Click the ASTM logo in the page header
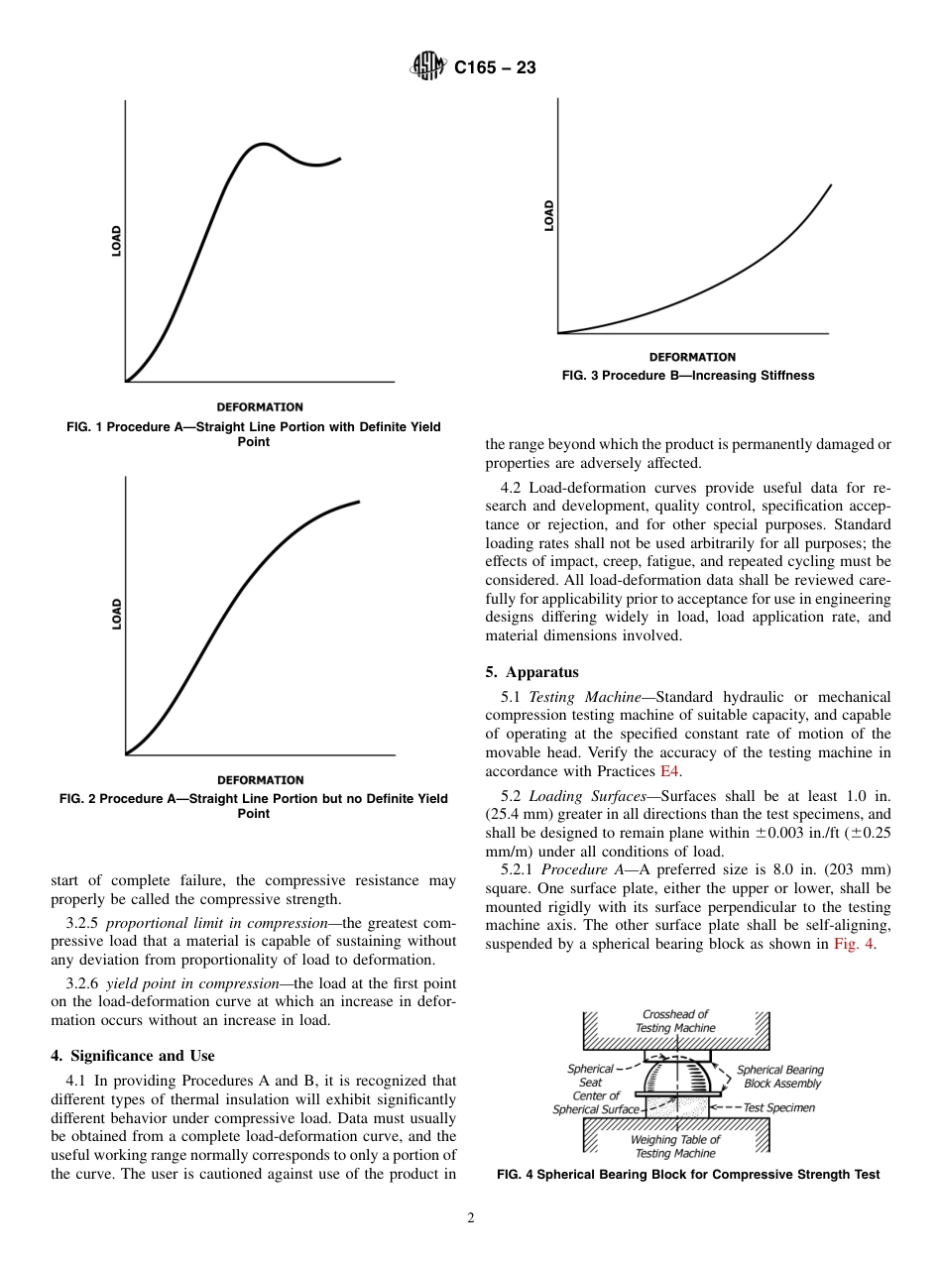(x=427, y=68)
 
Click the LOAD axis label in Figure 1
(x=116, y=242)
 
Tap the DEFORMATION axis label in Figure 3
(x=692, y=357)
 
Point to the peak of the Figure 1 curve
(x=262, y=145)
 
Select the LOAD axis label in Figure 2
(x=116, y=614)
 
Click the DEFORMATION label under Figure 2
(x=260, y=780)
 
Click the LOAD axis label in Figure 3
(x=549, y=215)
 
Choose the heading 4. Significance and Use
(x=133, y=1055)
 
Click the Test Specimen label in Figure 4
(x=778, y=1107)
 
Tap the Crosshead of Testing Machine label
(x=674, y=1021)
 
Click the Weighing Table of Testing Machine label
(x=674, y=1146)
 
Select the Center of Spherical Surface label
(x=595, y=1102)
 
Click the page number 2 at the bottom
(x=471, y=1218)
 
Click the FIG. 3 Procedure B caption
(x=687, y=376)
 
